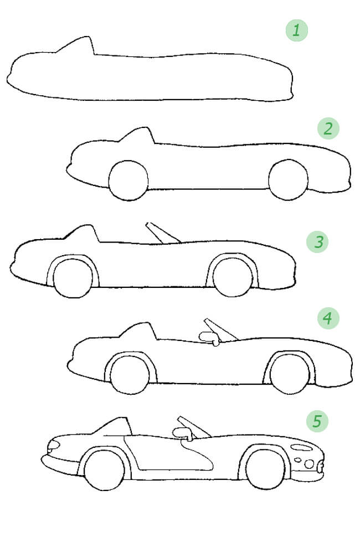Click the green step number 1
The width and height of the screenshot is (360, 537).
tap(296, 30)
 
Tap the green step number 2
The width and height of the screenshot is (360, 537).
tap(328, 128)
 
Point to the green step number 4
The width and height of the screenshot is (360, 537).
tap(328, 318)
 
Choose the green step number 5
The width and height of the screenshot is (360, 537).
tap(317, 421)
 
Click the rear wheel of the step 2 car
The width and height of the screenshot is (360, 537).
tap(128, 180)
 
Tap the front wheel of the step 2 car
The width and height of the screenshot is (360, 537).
tap(289, 180)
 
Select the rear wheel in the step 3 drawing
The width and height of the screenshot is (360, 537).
tap(73, 278)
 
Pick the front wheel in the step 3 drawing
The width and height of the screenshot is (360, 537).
tap(233, 277)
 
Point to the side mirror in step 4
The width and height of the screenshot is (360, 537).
tap(209, 338)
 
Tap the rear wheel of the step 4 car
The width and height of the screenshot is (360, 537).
tap(130, 375)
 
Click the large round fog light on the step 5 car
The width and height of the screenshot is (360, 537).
tap(309, 464)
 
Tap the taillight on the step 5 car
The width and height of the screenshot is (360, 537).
tap(53, 445)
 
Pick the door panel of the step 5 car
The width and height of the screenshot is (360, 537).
tap(168, 453)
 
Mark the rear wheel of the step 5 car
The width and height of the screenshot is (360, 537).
tap(105, 471)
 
